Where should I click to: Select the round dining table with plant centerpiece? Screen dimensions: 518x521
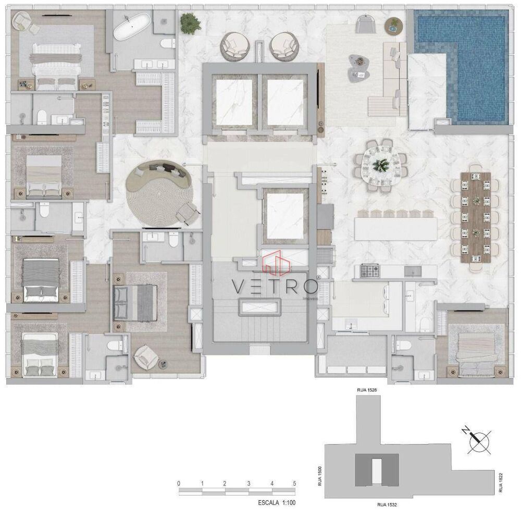pyautogui.click(x=382, y=165)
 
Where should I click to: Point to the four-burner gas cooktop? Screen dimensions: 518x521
pyautogui.click(x=370, y=270)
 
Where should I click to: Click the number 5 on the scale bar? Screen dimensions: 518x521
pyautogui.click(x=294, y=484)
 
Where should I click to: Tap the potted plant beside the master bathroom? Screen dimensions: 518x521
pyautogui.click(x=189, y=22)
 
